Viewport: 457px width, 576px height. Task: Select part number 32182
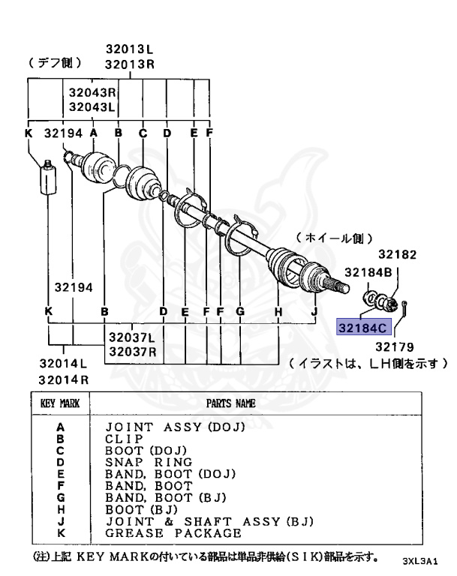pyautogui.click(x=396, y=254)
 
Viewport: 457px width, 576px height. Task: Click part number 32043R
pyautogui.click(x=92, y=93)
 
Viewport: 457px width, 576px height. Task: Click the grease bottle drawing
pyautogui.click(x=49, y=179)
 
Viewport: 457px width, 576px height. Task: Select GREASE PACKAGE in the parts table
pyautogui.click(x=173, y=533)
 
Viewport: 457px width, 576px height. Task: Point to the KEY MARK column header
pyautogui.click(x=56, y=403)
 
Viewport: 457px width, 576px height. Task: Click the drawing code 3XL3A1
pyautogui.click(x=419, y=560)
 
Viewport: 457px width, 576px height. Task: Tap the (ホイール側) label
pyautogui.click(x=334, y=238)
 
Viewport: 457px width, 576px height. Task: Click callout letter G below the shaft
pyautogui.click(x=240, y=310)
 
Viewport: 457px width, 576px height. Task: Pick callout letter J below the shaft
pyautogui.click(x=314, y=310)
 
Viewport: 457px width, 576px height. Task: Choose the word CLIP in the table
pyautogui.click(x=125, y=438)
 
